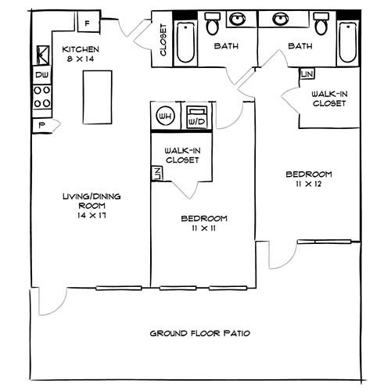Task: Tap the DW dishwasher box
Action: coord(41,75)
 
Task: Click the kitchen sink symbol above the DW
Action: coord(41,55)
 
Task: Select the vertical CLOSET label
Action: coord(163,41)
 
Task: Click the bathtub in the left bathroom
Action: coord(185,44)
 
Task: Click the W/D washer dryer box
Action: coord(195,117)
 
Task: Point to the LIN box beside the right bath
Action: coord(307,74)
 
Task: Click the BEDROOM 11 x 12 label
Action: coord(309,178)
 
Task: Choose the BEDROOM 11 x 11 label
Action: coord(204,222)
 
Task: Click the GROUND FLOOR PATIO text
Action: coord(200,334)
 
